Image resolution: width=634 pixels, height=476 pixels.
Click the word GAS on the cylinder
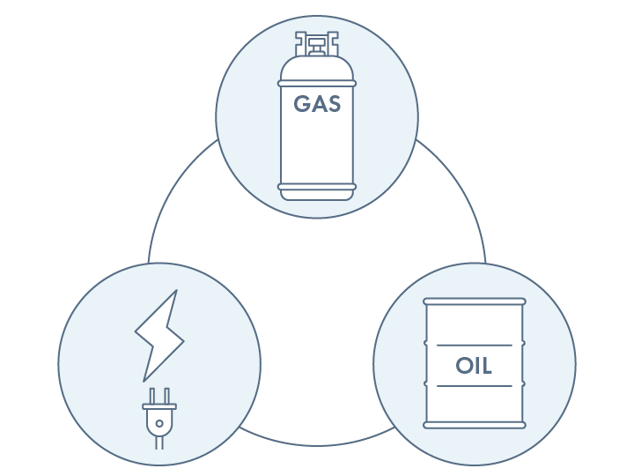click(x=317, y=105)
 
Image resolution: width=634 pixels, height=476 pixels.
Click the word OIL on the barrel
click(x=474, y=365)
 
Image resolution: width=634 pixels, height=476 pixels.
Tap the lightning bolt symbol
click(x=159, y=334)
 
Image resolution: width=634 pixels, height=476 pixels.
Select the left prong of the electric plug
click(x=152, y=395)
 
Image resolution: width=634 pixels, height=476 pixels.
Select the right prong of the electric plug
click(x=165, y=395)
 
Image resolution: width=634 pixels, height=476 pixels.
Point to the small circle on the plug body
click(x=158, y=421)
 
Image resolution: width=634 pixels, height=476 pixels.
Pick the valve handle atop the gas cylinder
click(x=317, y=39)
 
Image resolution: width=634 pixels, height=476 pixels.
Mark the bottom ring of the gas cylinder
click(x=317, y=186)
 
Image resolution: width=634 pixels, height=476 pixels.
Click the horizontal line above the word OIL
click(x=474, y=345)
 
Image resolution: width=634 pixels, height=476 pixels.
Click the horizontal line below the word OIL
click(x=474, y=386)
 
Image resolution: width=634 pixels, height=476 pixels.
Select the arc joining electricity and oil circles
click(x=317, y=443)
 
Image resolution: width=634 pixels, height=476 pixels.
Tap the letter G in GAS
click(x=302, y=105)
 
